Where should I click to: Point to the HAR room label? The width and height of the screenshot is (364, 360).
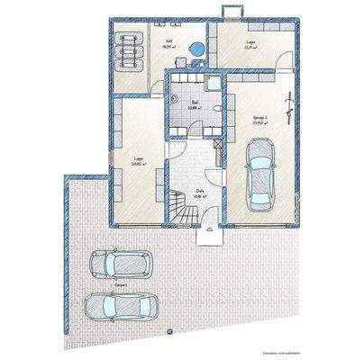pyautogui.click(x=168, y=40)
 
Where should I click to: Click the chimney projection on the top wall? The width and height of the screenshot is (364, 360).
pyautogui.click(x=230, y=12)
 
